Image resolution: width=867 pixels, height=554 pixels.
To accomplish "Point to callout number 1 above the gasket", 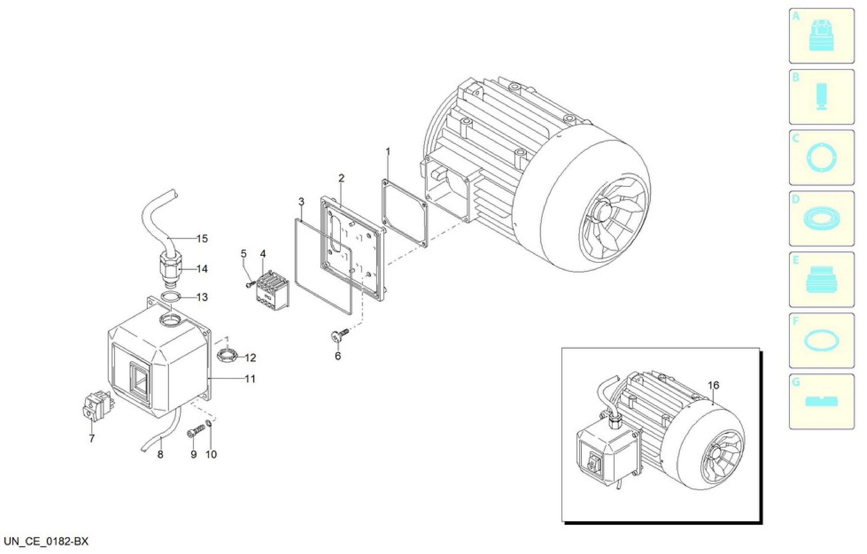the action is pyautogui.click(x=388, y=152).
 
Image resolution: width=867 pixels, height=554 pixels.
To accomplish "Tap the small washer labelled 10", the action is pyautogui.click(x=209, y=423).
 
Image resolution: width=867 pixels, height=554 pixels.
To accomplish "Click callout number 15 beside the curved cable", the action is pyautogui.click(x=202, y=239).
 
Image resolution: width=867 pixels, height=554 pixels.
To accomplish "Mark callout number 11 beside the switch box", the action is pyautogui.click(x=250, y=379).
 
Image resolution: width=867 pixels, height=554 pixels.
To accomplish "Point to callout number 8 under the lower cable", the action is pyautogui.click(x=160, y=455).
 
